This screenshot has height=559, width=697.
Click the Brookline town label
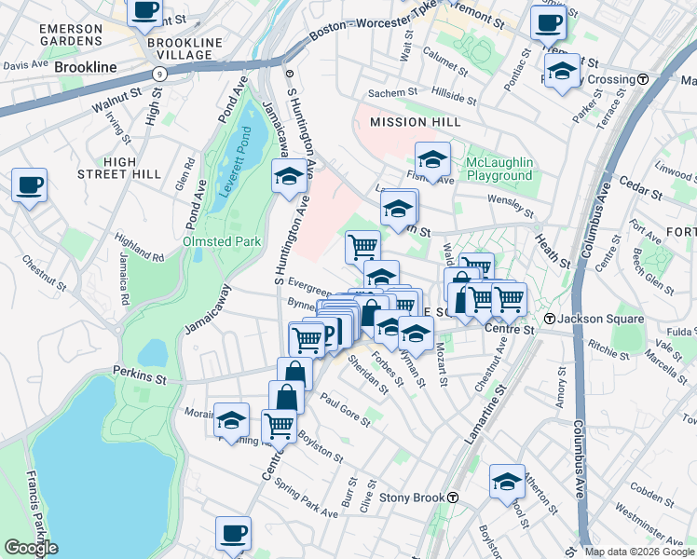point(85,67)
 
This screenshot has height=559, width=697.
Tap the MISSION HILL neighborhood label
point(415,122)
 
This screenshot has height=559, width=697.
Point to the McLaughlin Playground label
point(499,169)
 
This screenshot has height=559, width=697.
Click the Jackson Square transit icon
point(551,319)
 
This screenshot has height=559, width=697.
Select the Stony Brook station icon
point(452,498)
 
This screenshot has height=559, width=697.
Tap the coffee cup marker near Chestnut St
point(30,184)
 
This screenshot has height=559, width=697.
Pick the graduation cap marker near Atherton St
point(507,481)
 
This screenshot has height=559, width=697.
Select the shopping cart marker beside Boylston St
point(280,426)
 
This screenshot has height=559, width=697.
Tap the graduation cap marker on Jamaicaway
point(289,175)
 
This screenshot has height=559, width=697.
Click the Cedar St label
point(638,184)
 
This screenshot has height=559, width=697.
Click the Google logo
point(31,548)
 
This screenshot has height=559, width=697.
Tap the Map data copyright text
point(638,552)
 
